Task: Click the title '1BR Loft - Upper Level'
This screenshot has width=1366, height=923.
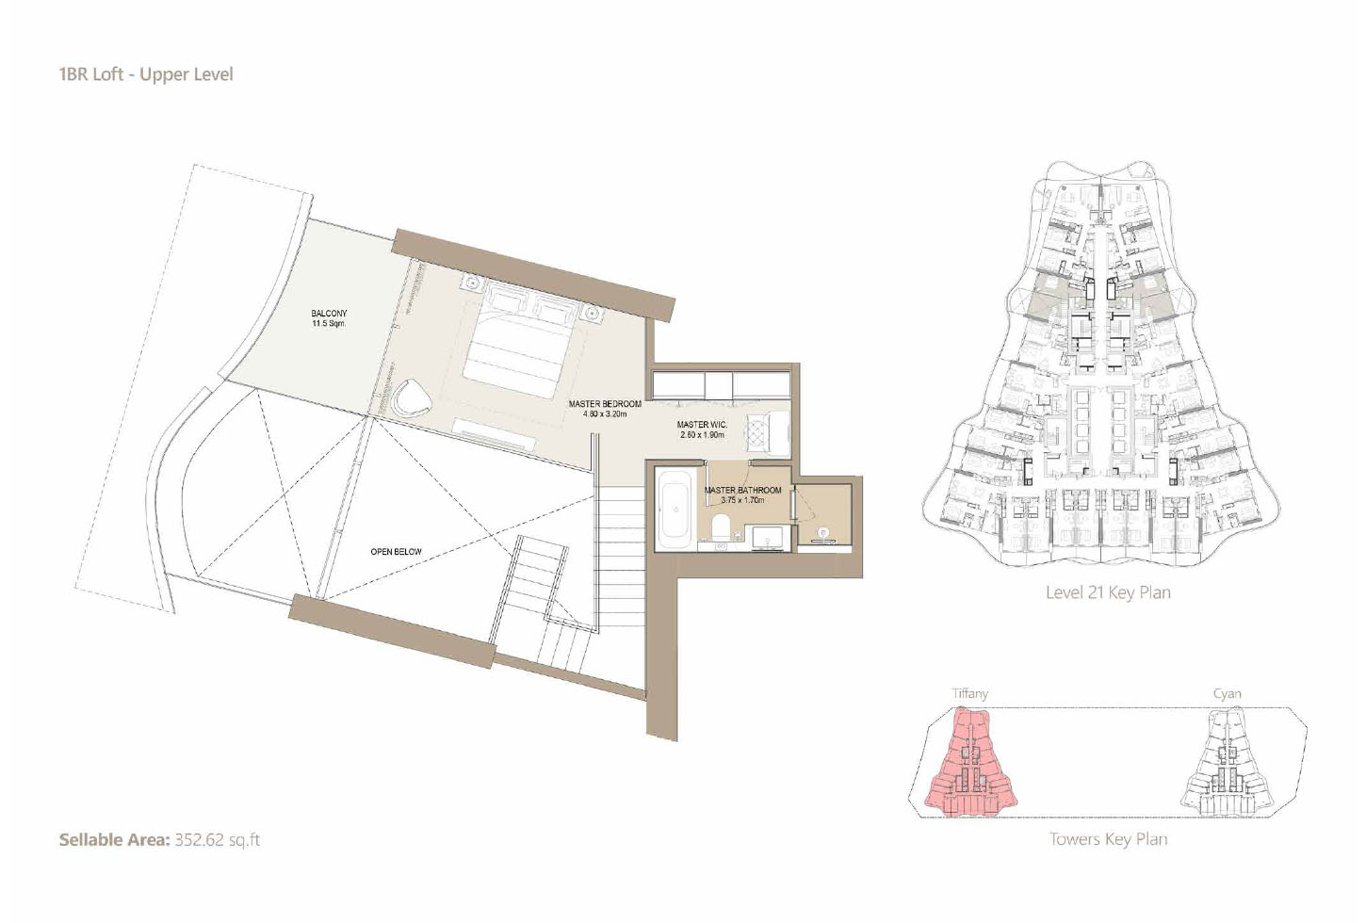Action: [146, 74]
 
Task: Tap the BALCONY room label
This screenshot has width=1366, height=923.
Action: [329, 314]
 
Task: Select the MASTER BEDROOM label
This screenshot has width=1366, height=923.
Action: [605, 404]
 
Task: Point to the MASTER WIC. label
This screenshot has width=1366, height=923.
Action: [702, 425]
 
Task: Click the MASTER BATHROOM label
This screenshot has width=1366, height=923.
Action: [742, 490]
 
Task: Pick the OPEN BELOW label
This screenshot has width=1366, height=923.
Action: [396, 552]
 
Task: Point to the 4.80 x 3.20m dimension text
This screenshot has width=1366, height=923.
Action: [605, 414]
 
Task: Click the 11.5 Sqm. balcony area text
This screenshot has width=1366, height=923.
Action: [329, 324]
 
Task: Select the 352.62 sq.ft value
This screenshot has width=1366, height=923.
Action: [217, 840]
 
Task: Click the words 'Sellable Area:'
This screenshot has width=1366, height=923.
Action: [114, 840]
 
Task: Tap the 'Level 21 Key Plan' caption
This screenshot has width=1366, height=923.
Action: [1108, 592]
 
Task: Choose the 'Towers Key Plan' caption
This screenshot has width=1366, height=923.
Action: [1108, 839]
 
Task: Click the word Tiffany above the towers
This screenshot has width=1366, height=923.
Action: [969, 693]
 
